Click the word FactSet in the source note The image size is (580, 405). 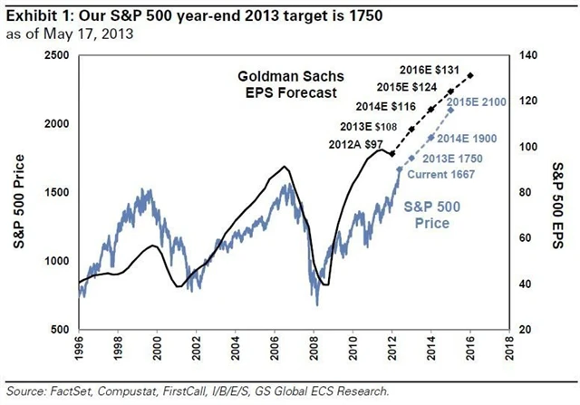(81, 391)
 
